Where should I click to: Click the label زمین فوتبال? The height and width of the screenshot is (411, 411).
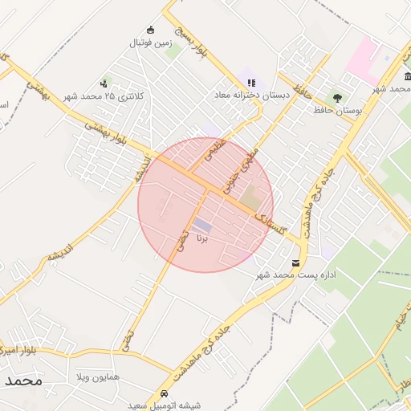(x=150, y=43)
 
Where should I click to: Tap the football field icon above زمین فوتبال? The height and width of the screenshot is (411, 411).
(x=150, y=31)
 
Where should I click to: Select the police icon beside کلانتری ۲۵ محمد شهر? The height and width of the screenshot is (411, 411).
(x=104, y=83)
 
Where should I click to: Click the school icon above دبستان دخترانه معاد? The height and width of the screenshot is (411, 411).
(x=251, y=83)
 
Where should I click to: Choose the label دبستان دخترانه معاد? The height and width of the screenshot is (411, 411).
(x=251, y=96)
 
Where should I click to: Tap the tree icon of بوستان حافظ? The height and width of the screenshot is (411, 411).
(x=336, y=97)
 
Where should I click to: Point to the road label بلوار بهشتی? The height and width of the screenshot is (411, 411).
(x=108, y=132)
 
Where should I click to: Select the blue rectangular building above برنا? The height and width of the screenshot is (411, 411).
(x=202, y=226)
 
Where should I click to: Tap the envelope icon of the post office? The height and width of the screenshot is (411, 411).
(x=296, y=262)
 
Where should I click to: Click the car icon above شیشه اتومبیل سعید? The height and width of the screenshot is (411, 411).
(x=165, y=393)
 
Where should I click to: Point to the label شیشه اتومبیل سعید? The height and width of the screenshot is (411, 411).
(x=165, y=405)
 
